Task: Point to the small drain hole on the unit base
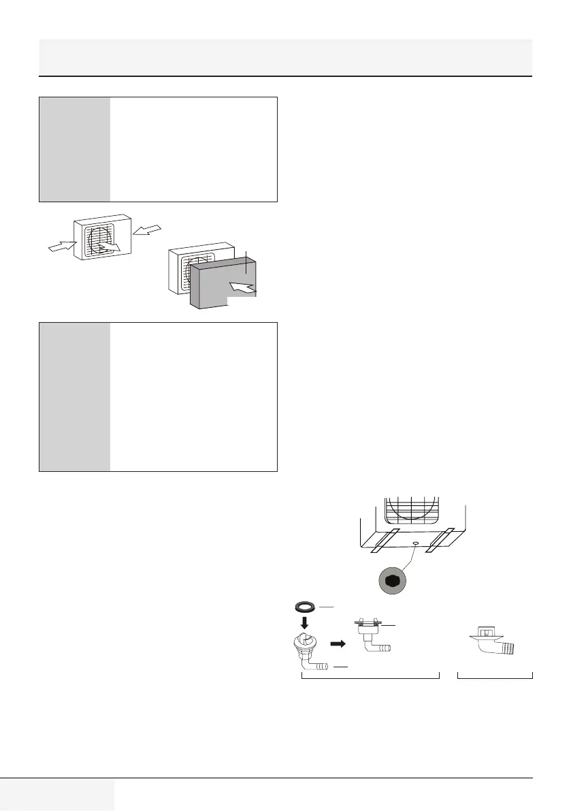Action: tap(414, 543)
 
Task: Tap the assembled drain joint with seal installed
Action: tap(371, 637)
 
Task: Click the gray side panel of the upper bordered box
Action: tap(74, 149)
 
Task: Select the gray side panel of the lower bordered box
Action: tap(74, 396)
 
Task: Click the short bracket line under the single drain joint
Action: tap(495, 676)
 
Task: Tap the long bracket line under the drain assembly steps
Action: tap(370, 676)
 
